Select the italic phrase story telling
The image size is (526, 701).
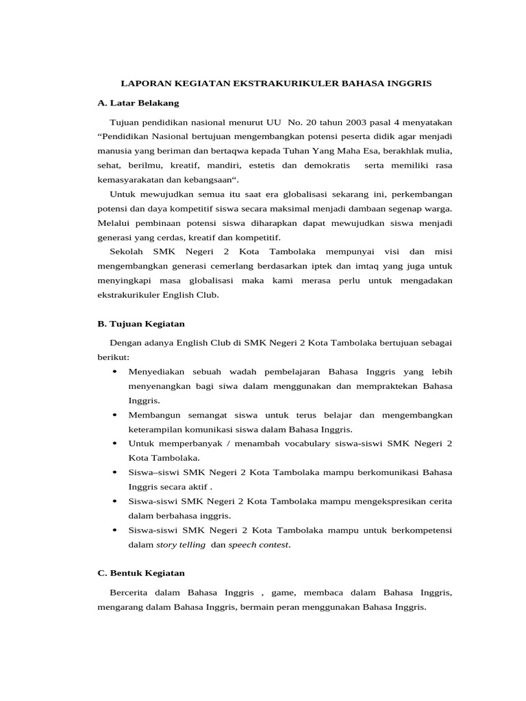tap(180, 545)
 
